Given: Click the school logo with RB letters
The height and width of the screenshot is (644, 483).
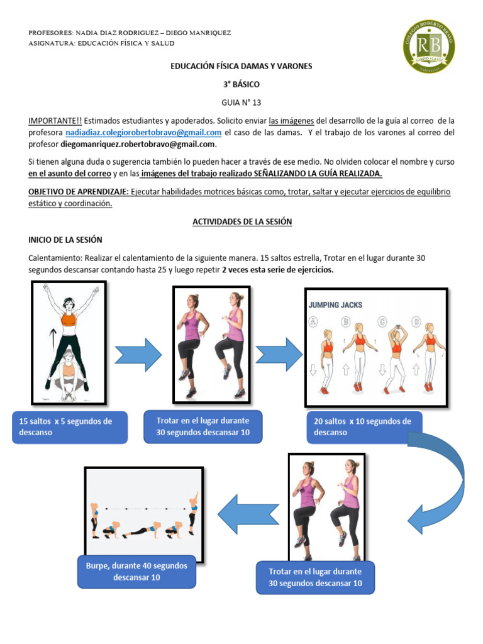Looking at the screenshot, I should click(x=428, y=46).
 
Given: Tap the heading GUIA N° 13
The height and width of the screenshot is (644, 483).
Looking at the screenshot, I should click(x=241, y=102).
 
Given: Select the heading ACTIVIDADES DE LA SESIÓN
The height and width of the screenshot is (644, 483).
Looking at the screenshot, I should click(x=241, y=222).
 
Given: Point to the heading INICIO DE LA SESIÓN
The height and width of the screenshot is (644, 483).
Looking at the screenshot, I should click(x=65, y=240).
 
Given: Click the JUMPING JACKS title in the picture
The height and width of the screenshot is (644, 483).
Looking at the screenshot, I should click(x=335, y=305).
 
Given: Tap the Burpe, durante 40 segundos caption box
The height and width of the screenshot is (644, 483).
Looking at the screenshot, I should click(x=137, y=571).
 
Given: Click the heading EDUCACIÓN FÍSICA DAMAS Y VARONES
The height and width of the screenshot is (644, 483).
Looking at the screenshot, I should click(x=241, y=66).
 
